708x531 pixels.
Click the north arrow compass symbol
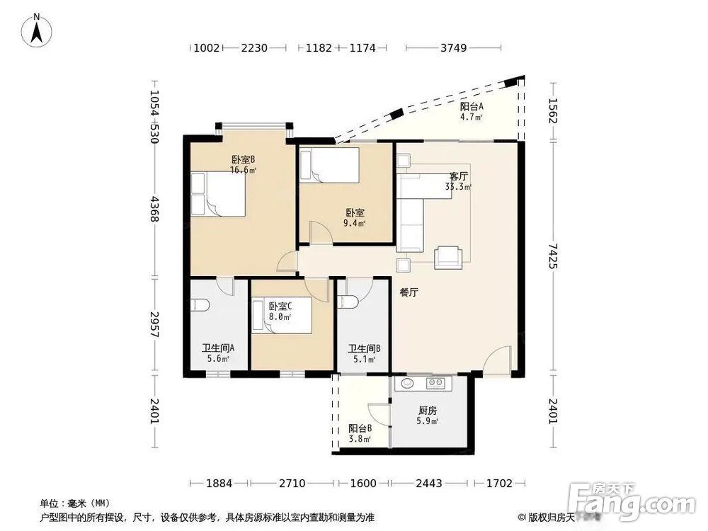[37, 30]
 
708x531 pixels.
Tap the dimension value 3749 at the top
[453, 47]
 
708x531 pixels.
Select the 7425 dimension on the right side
[554, 256]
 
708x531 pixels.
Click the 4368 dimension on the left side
[154, 209]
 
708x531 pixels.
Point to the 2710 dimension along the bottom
[292, 483]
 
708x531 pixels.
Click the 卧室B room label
[244, 159]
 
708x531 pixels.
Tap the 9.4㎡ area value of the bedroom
[355, 223]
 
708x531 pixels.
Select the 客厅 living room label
[458, 176]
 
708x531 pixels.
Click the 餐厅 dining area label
[409, 292]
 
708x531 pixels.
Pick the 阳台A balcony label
[472, 107]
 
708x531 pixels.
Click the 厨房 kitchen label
[427, 411]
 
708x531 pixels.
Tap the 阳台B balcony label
[360, 428]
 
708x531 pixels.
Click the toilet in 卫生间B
[348, 302]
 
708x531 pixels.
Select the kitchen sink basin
[408, 383]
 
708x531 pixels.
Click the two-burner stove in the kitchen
[435, 383]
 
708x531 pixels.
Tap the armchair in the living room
[448, 258]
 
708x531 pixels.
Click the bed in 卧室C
[282, 315]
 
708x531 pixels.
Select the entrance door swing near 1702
[498, 360]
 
